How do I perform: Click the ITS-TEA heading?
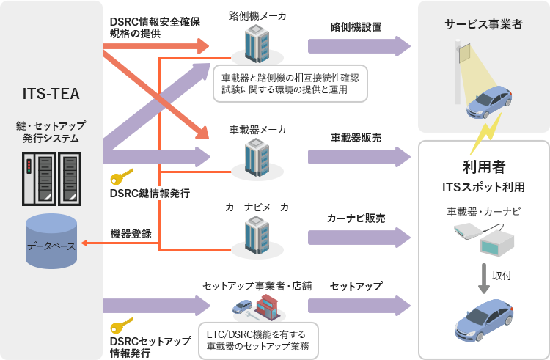51,94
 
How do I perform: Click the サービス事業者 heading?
483,24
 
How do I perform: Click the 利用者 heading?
483,166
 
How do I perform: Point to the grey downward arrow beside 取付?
483,276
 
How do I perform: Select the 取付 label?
502,275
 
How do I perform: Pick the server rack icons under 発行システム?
51,179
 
